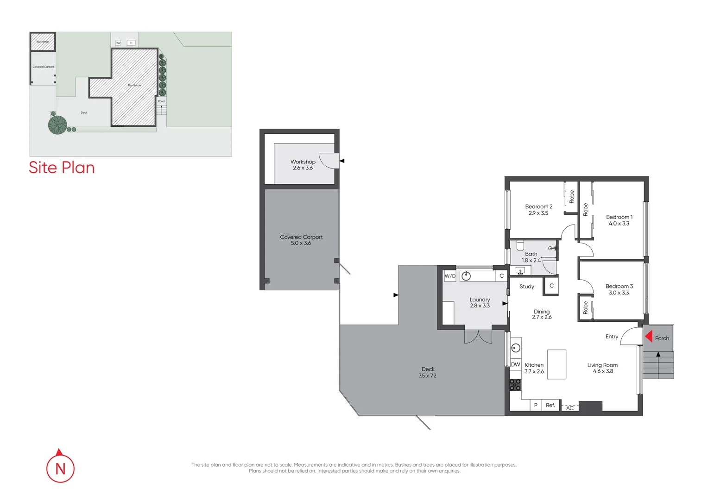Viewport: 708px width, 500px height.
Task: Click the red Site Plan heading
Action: click(62, 168)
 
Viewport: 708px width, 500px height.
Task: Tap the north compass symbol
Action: click(60, 468)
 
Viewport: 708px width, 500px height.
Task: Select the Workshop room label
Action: click(303, 162)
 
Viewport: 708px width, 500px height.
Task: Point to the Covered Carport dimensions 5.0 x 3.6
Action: click(301, 243)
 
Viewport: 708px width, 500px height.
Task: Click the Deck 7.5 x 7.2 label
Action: click(428, 373)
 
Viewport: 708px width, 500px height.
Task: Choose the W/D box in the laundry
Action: click(450, 276)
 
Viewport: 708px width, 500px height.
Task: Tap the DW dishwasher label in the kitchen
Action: click(515, 365)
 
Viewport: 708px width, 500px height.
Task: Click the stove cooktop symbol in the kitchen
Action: click(515, 384)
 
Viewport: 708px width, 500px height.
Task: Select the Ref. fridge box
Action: click(550, 405)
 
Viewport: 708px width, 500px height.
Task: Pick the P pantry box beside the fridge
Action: click(536, 405)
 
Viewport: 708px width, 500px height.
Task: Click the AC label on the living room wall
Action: click(570, 408)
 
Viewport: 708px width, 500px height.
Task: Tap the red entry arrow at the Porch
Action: click(649, 337)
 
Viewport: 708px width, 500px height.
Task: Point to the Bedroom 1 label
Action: click(619, 217)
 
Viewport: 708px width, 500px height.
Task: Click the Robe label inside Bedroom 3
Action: click(586, 308)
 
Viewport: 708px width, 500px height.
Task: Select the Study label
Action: click(527, 287)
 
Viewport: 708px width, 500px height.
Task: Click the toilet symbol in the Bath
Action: click(520, 245)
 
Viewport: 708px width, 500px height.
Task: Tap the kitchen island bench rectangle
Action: click(556, 364)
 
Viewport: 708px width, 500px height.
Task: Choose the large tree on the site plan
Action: click(57, 125)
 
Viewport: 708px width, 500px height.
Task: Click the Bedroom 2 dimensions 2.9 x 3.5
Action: click(538, 213)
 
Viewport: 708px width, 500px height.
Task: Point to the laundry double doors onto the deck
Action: click(478, 337)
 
